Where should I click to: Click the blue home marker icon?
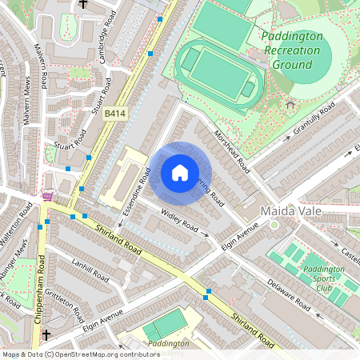(x=180, y=172)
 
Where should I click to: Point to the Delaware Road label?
(x=288, y=295)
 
